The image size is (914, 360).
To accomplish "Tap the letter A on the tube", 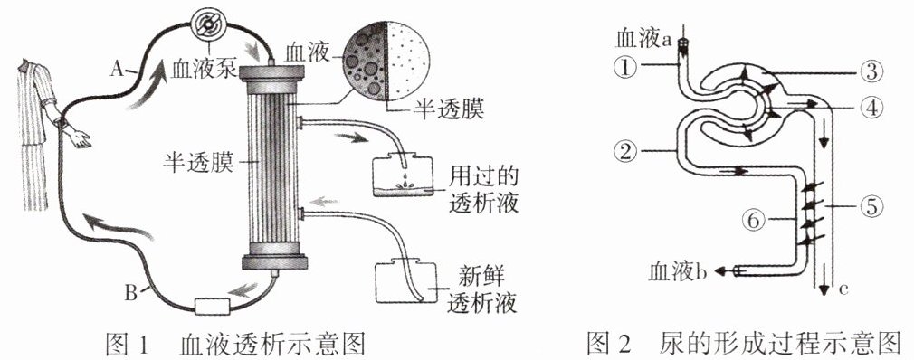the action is click(117, 70).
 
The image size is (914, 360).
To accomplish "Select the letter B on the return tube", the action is click(132, 291).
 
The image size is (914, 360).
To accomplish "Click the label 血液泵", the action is click(204, 70).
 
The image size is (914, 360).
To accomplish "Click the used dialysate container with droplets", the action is click(402, 175).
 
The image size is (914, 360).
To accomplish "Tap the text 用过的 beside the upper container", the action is click(483, 175).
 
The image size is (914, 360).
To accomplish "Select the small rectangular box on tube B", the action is click(214, 307).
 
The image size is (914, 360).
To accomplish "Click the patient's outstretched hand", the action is click(80, 138).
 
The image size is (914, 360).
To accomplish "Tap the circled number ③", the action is click(871, 72).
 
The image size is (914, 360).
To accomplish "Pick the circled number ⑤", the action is click(871, 206).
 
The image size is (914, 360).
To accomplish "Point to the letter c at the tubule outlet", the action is click(837, 287).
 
